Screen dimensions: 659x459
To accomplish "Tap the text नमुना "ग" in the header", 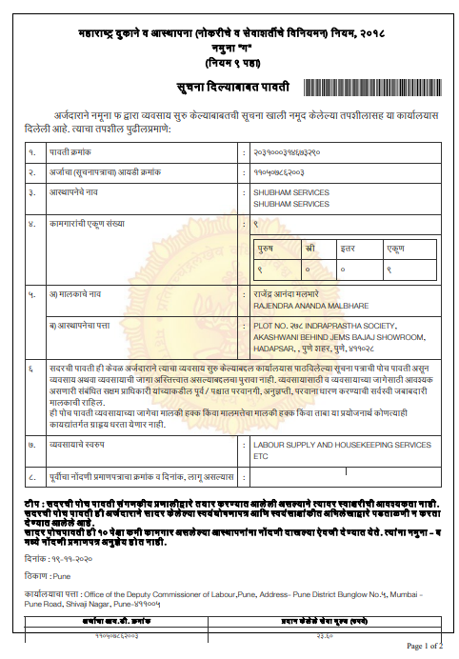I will coord(229,47).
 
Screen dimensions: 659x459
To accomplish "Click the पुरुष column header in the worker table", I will coord(268,246).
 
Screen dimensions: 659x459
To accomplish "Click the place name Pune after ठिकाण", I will coord(65,576).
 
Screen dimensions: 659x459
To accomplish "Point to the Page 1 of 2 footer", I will coord(425,647).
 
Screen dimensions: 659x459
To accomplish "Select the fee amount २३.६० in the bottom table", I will coord(325,635).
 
